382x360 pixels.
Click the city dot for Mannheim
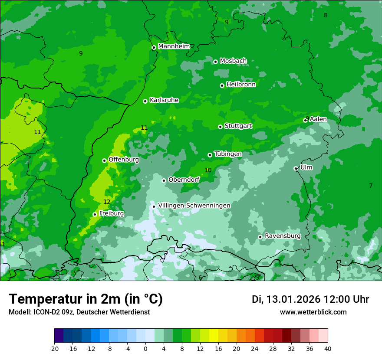tap(154, 48)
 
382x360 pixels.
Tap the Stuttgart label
tap(238, 126)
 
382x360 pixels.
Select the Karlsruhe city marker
tap(145, 101)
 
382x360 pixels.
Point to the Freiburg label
tap(111, 213)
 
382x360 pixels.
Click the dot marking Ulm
tap(296, 168)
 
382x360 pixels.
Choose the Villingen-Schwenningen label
tap(194, 206)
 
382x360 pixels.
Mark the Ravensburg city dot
tap(260, 237)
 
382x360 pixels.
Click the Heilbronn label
tap(240, 85)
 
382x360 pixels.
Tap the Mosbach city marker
tap(215, 62)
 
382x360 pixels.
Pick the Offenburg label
tap(124, 160)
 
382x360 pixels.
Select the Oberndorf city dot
tap(164, 180)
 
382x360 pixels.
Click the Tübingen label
tap(228, 154)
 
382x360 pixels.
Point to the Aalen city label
tap(318, 119)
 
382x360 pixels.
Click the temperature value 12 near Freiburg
tap(107, 202)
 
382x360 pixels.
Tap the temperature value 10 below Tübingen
tap(208, 170)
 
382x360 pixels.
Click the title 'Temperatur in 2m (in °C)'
tap(86, 299)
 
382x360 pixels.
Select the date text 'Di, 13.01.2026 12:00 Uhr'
tap(310, 299)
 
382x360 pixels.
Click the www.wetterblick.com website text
tap(313, 312)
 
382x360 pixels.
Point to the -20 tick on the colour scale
tap(54, 348)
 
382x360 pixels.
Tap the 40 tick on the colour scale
tap(328, 348)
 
